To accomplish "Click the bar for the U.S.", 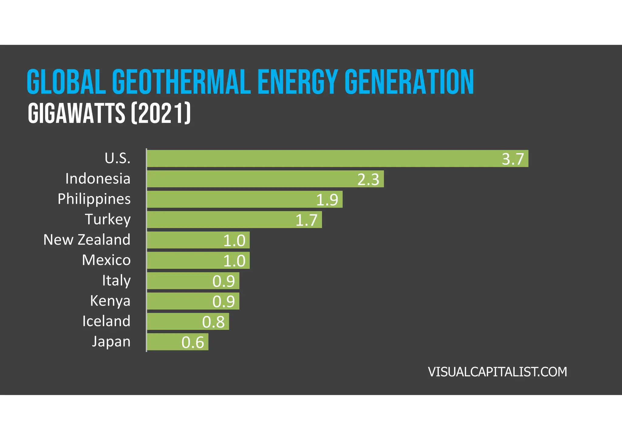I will click(337, 158).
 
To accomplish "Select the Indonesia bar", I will click(265, 179).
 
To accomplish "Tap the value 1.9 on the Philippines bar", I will click(327, 200).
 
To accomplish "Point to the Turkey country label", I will click(108, 219).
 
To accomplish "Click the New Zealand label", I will click(87, 240).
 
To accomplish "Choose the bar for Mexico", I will click(198, 260).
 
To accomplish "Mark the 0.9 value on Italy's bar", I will click(224, 281).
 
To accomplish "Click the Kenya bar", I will click(193, 301).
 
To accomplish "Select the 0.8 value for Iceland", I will click(213, 322).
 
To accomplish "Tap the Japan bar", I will click(178, 342).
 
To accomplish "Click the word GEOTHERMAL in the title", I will click(181, 82).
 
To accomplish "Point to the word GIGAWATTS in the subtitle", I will click(77, 113).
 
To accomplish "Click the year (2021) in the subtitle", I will click(161, 113).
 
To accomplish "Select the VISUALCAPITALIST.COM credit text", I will click(497, 372).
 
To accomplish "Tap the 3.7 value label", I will click(513, 159).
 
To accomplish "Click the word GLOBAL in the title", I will click(66, 82).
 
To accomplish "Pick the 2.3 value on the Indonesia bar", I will click(368, 179).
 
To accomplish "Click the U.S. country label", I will click(118, 158).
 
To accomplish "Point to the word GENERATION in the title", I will click(409, 82).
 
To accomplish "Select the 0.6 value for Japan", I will click(193, 342).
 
